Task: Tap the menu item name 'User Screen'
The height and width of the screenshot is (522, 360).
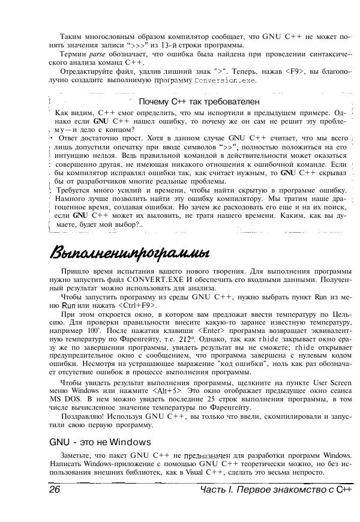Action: click(x=326, y=382)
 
